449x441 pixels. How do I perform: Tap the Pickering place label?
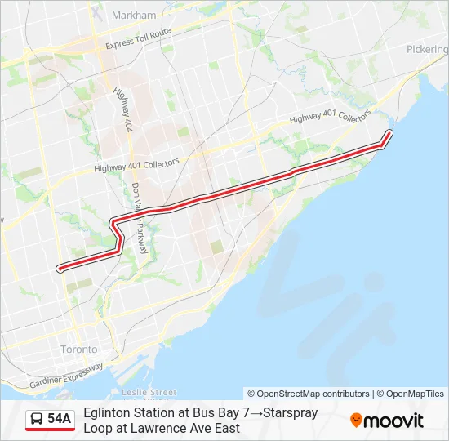(x=428, y=49)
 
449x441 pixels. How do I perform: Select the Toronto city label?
(x=78, y=350)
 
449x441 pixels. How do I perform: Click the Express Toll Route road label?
(x=138, y=38)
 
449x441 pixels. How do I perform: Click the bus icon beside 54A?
(x=38, y=420)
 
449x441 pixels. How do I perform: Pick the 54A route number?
(x=59, y=420)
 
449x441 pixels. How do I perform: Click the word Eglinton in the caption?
(x=107, y=413)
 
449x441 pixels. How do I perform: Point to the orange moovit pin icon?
(x=356, y=421)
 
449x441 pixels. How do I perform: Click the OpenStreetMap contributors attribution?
(x=308, y=394)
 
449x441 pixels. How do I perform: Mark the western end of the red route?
(x=58, y=268)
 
